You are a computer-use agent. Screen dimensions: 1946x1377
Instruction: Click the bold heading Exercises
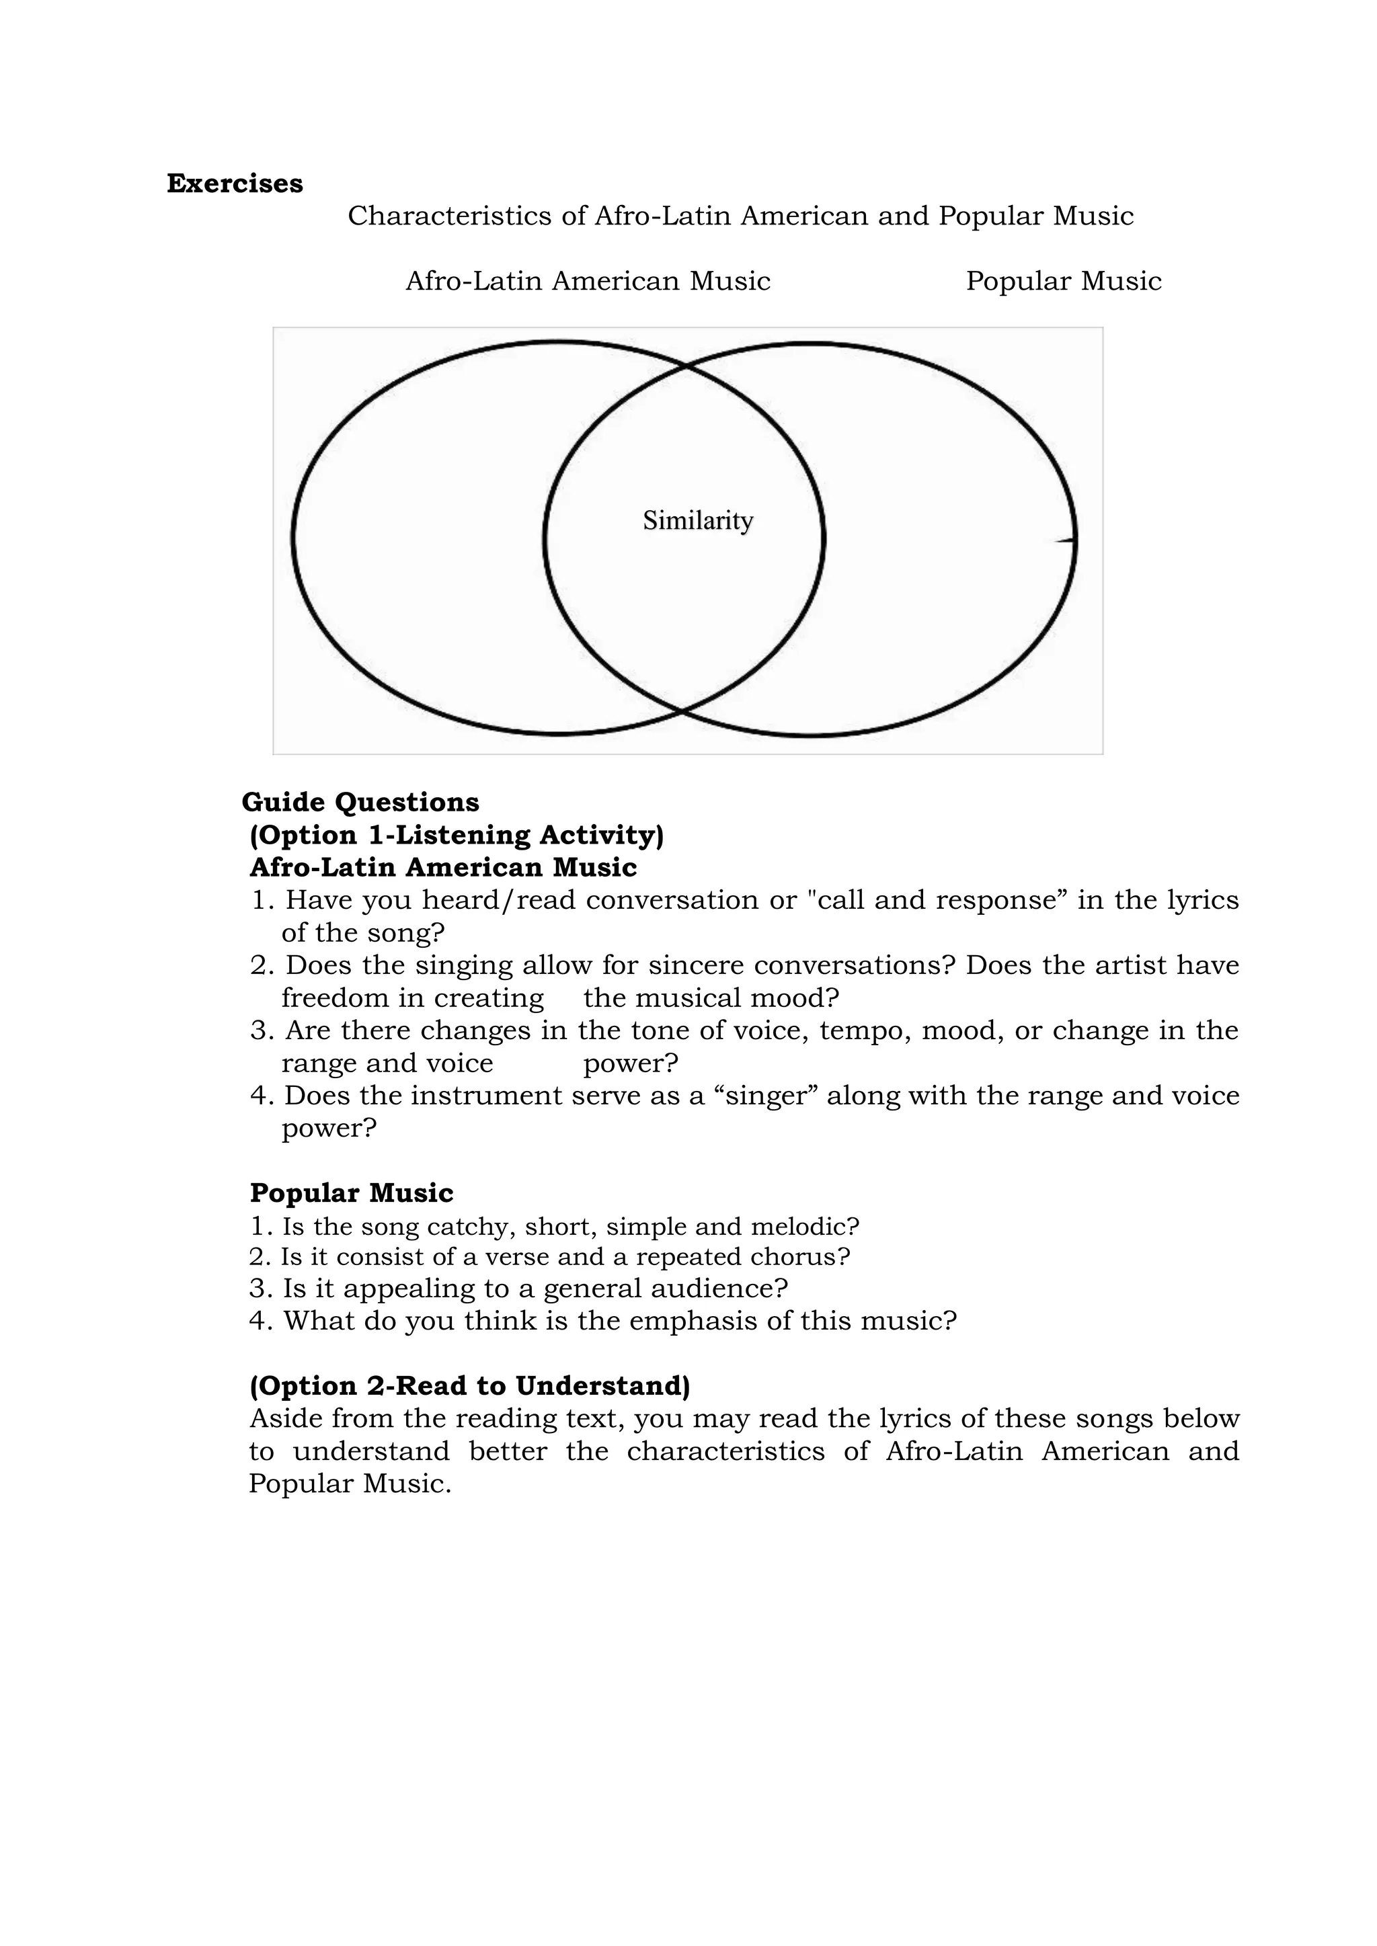coord(235,184)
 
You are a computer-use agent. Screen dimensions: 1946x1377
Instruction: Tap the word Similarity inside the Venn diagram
coord(697,520)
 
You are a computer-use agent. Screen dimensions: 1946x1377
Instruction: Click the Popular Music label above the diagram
coord(1063,282)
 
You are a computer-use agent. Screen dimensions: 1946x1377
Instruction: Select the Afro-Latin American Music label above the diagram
coord(588,282)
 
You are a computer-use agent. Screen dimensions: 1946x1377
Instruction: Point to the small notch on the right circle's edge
coord(1065,540)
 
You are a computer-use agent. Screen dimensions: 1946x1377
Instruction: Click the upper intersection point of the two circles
coord(686,366)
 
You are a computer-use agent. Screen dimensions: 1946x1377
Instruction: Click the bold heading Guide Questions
coord(360,802)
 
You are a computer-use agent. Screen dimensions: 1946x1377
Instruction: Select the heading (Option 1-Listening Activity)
coord(456,835)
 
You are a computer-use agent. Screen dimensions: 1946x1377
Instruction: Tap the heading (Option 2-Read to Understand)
coord(470,1386)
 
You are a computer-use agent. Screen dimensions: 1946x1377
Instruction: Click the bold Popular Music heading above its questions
coord(351,1193)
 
